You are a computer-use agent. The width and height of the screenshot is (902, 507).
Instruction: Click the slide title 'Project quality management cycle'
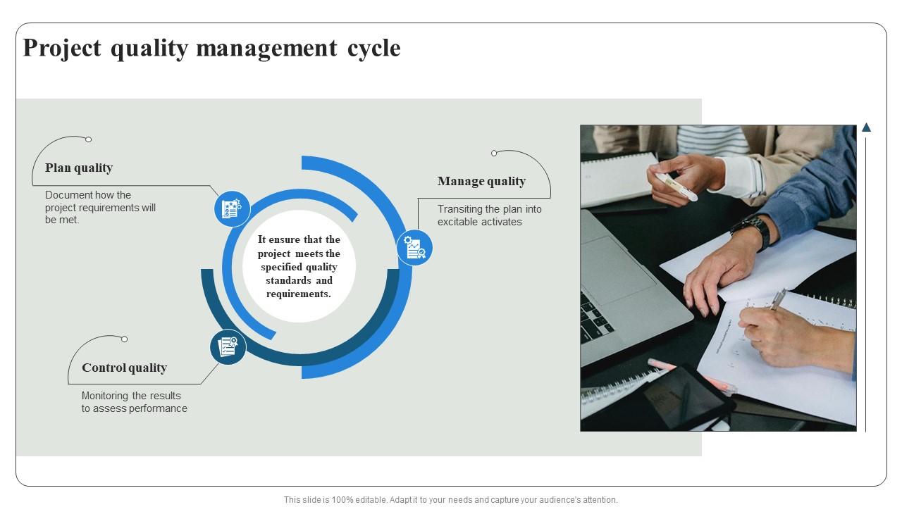(x=211, y=48)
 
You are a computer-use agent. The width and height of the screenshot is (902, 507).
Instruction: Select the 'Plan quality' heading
(x=79, y=168)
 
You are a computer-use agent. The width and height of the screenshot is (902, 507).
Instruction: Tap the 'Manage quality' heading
(x=481, y=181)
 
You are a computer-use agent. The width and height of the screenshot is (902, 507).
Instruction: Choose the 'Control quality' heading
(x=124, y=368)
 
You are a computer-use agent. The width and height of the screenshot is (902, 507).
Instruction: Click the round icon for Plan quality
(x=232, y=208)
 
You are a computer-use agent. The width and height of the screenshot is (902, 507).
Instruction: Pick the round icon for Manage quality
(x=414, y=248)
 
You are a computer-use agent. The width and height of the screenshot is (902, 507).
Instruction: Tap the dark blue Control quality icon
(x=228, y=347)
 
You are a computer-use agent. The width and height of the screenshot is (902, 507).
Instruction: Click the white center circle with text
(x=299, y=267)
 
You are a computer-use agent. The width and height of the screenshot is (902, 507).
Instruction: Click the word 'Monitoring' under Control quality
(x=106, y=396)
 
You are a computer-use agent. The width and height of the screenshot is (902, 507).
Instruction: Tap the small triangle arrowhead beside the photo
(x=866, y=127)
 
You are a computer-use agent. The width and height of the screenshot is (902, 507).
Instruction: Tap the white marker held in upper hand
(x=676, y=187)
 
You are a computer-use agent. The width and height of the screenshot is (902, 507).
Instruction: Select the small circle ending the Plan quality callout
(x=89, y=139)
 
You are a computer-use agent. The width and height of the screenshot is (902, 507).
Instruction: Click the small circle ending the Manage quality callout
(x=494, y=153)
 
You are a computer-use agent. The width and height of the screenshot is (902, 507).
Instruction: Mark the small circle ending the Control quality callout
(x=125, y=339)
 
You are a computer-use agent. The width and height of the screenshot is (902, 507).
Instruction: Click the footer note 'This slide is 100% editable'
(x=450, y=500)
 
